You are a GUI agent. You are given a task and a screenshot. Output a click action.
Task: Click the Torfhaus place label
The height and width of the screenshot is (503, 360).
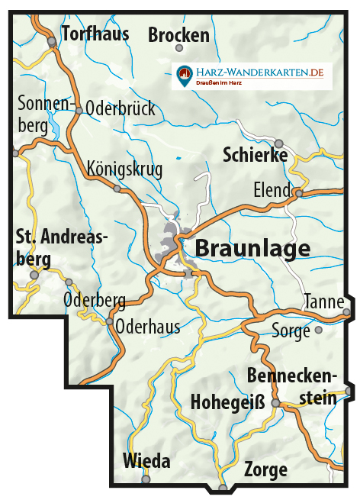pos(95,34)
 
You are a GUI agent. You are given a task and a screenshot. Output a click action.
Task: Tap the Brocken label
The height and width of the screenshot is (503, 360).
pos(178,35)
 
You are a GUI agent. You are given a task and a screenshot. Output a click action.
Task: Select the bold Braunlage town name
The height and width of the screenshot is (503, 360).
pos(252,247)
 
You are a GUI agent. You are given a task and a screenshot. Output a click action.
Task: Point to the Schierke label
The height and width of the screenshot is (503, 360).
pos(254,156)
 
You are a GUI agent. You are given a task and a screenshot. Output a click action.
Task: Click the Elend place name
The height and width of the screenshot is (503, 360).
pos(272,190)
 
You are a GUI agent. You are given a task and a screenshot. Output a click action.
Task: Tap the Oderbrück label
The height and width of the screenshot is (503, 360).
pos(121,108)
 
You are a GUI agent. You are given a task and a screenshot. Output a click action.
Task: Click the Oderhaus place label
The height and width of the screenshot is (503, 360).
pos(148,327)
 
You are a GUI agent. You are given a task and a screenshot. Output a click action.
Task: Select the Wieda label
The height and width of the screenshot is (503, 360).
pos(146,461)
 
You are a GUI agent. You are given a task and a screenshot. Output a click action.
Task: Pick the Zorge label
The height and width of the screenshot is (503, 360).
pos(265,469)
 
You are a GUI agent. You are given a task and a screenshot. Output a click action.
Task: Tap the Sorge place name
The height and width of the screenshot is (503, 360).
pos(291,330)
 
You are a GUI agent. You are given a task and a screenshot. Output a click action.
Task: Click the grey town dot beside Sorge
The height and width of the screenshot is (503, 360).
pos(319,330)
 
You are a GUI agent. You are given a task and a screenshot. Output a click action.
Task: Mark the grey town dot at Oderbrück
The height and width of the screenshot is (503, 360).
pos(79,111)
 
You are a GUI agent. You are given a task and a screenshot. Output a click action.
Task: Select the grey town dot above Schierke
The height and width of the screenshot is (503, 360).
pos(278,143)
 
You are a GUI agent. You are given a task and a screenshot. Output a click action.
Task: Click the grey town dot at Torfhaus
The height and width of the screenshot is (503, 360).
pos(52,42)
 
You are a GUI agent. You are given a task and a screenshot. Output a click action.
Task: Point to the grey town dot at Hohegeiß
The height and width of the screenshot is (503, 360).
pos(275,403)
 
